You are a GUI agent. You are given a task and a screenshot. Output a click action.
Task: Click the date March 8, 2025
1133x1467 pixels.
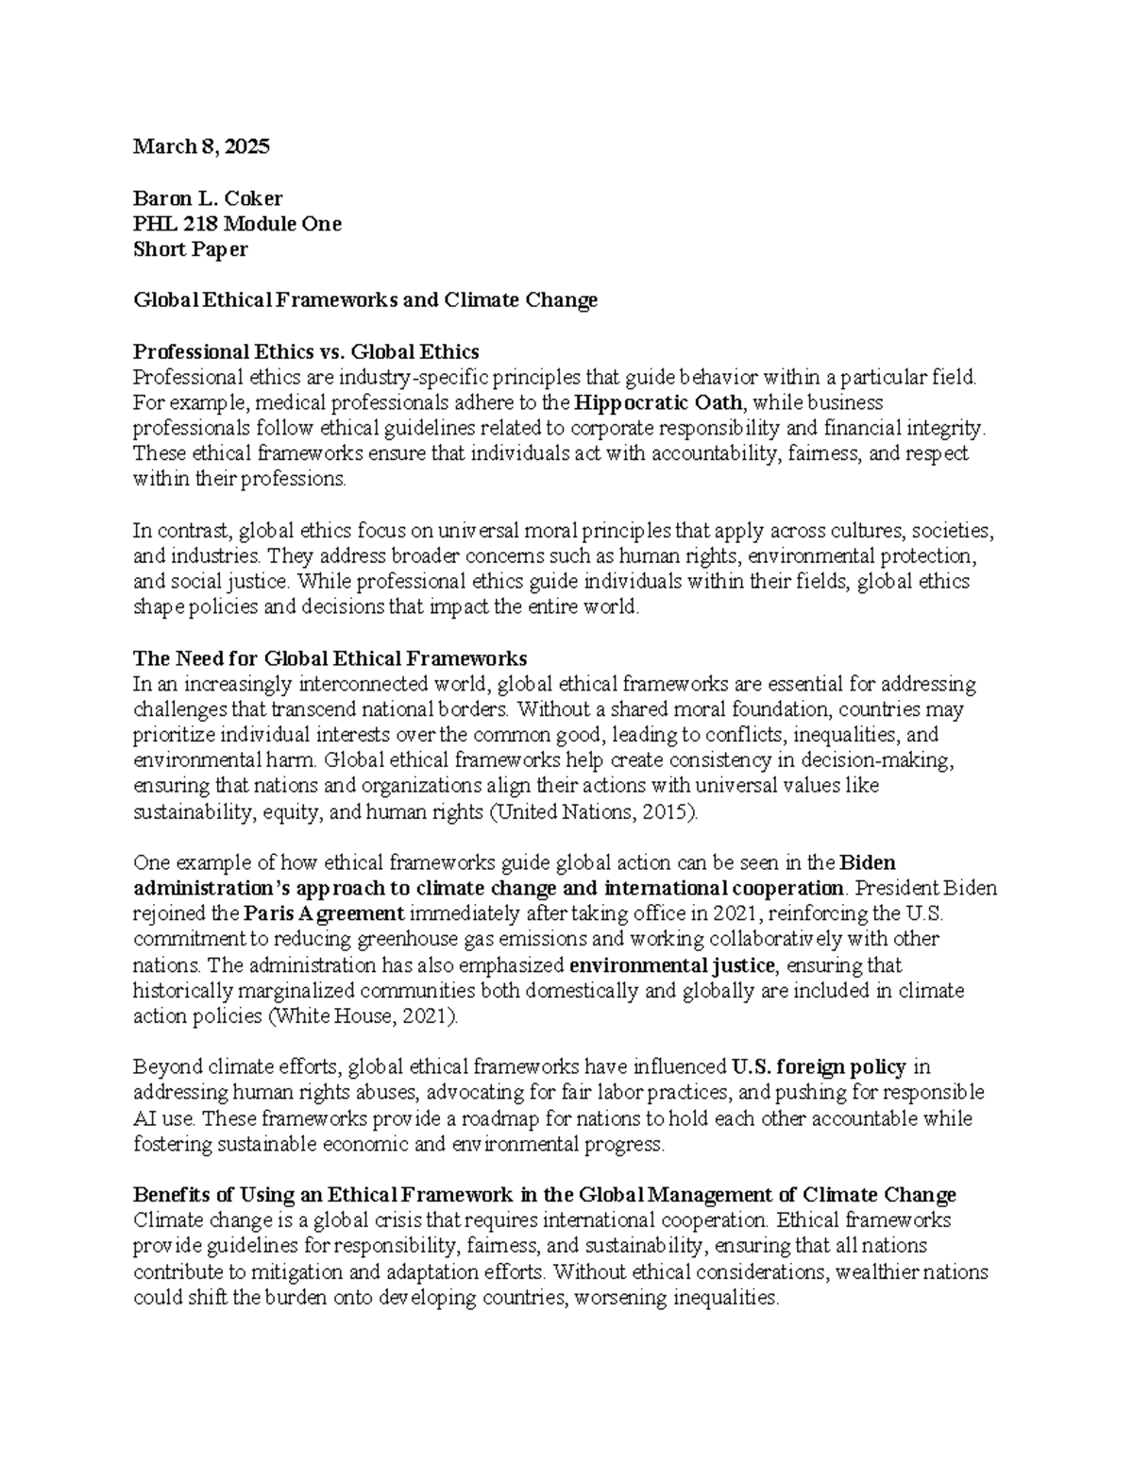pyautogui.click(x=201, y=146)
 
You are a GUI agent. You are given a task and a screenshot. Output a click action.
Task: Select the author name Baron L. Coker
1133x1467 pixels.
pyautogui.click(x=208, y=198)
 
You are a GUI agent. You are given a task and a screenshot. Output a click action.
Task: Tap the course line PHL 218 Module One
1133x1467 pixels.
pyautogui.click(x=237, y=224)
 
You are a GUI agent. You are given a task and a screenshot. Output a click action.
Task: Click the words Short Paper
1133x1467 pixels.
pyautogui.click(x=191, y=249)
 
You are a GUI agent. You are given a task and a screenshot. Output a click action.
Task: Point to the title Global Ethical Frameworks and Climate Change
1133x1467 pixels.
pyautogui.click(x=365, y=300)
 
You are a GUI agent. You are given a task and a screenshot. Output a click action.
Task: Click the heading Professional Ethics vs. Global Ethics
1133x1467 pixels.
pyautogui.click(x=306, y=352)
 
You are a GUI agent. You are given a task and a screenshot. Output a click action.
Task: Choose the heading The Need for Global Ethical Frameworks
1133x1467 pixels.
pyautogui.click(x=330, y=658)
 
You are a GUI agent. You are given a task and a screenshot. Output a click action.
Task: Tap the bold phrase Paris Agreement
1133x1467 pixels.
pyautogui.click(x=324, y=913)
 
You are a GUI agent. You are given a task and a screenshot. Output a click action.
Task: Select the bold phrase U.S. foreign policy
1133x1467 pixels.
pyautogui.click(x=819, y=1067)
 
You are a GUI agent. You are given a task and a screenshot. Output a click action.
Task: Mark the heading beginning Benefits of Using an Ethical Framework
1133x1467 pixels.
pyautogui.click(x=545, y=1195)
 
